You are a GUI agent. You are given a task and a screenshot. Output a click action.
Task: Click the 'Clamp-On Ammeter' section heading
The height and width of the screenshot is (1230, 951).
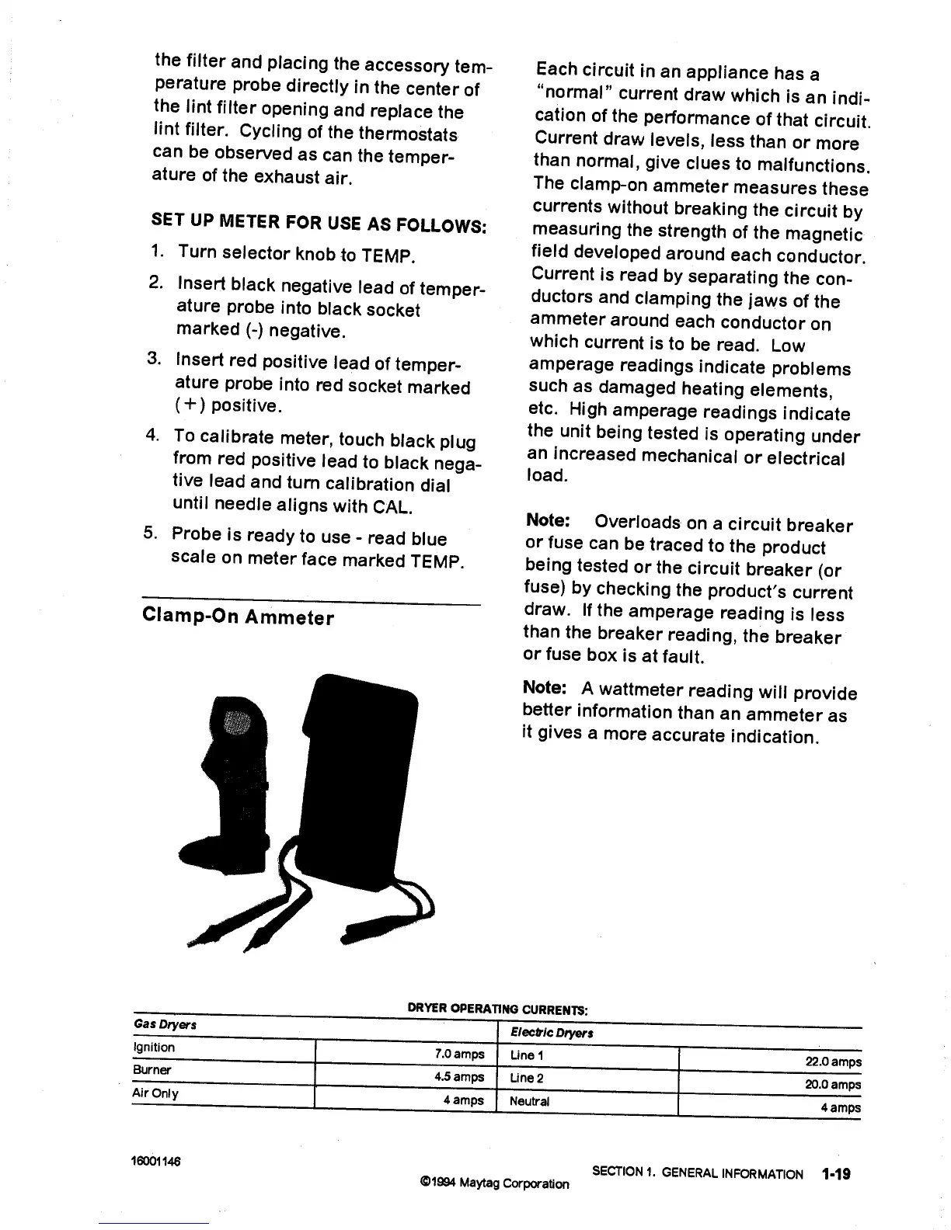click(239, 617)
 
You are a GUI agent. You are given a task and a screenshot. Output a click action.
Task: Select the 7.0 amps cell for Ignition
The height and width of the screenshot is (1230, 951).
click(459, 1054)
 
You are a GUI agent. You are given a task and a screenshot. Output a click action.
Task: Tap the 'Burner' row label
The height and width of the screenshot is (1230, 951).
click(146, 1069)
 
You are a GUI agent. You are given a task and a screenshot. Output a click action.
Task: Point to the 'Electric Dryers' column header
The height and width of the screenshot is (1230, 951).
click(552, 1034)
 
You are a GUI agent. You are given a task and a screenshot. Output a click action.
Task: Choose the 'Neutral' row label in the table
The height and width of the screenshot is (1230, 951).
click(529, 1101)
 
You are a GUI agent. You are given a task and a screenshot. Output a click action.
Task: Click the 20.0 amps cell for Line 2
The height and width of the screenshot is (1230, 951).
click(833, 1085)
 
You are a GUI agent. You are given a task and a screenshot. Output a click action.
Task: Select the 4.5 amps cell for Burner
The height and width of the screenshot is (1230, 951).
click(459, 1077)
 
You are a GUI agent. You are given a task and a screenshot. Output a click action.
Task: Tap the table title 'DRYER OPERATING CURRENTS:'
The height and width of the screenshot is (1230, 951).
click(498, 1009)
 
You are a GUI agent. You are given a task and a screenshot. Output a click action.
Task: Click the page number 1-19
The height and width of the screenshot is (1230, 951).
click(834, 1173)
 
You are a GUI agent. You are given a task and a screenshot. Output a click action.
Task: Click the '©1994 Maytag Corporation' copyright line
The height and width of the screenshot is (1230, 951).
click(493, 1183)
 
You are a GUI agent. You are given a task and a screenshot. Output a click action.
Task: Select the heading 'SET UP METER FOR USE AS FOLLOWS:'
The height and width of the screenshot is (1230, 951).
click(319, 223)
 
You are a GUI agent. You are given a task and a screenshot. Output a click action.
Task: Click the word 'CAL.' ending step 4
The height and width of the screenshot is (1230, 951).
click(393, 508)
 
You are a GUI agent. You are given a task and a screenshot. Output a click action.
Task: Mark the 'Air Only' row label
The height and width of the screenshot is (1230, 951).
click(155, 1093)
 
